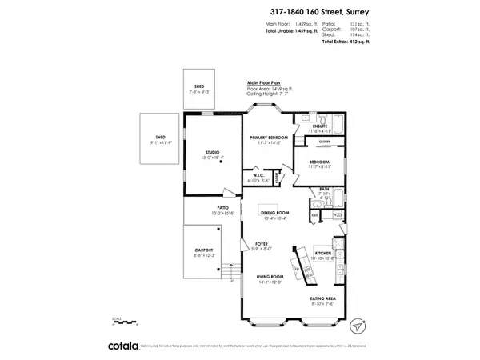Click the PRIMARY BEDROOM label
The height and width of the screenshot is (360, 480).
click(268, 138)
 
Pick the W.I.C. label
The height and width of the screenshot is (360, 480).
click(258, 174)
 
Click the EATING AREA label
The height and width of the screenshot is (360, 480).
click(323, 298)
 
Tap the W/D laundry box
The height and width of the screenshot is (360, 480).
click(337, 214)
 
